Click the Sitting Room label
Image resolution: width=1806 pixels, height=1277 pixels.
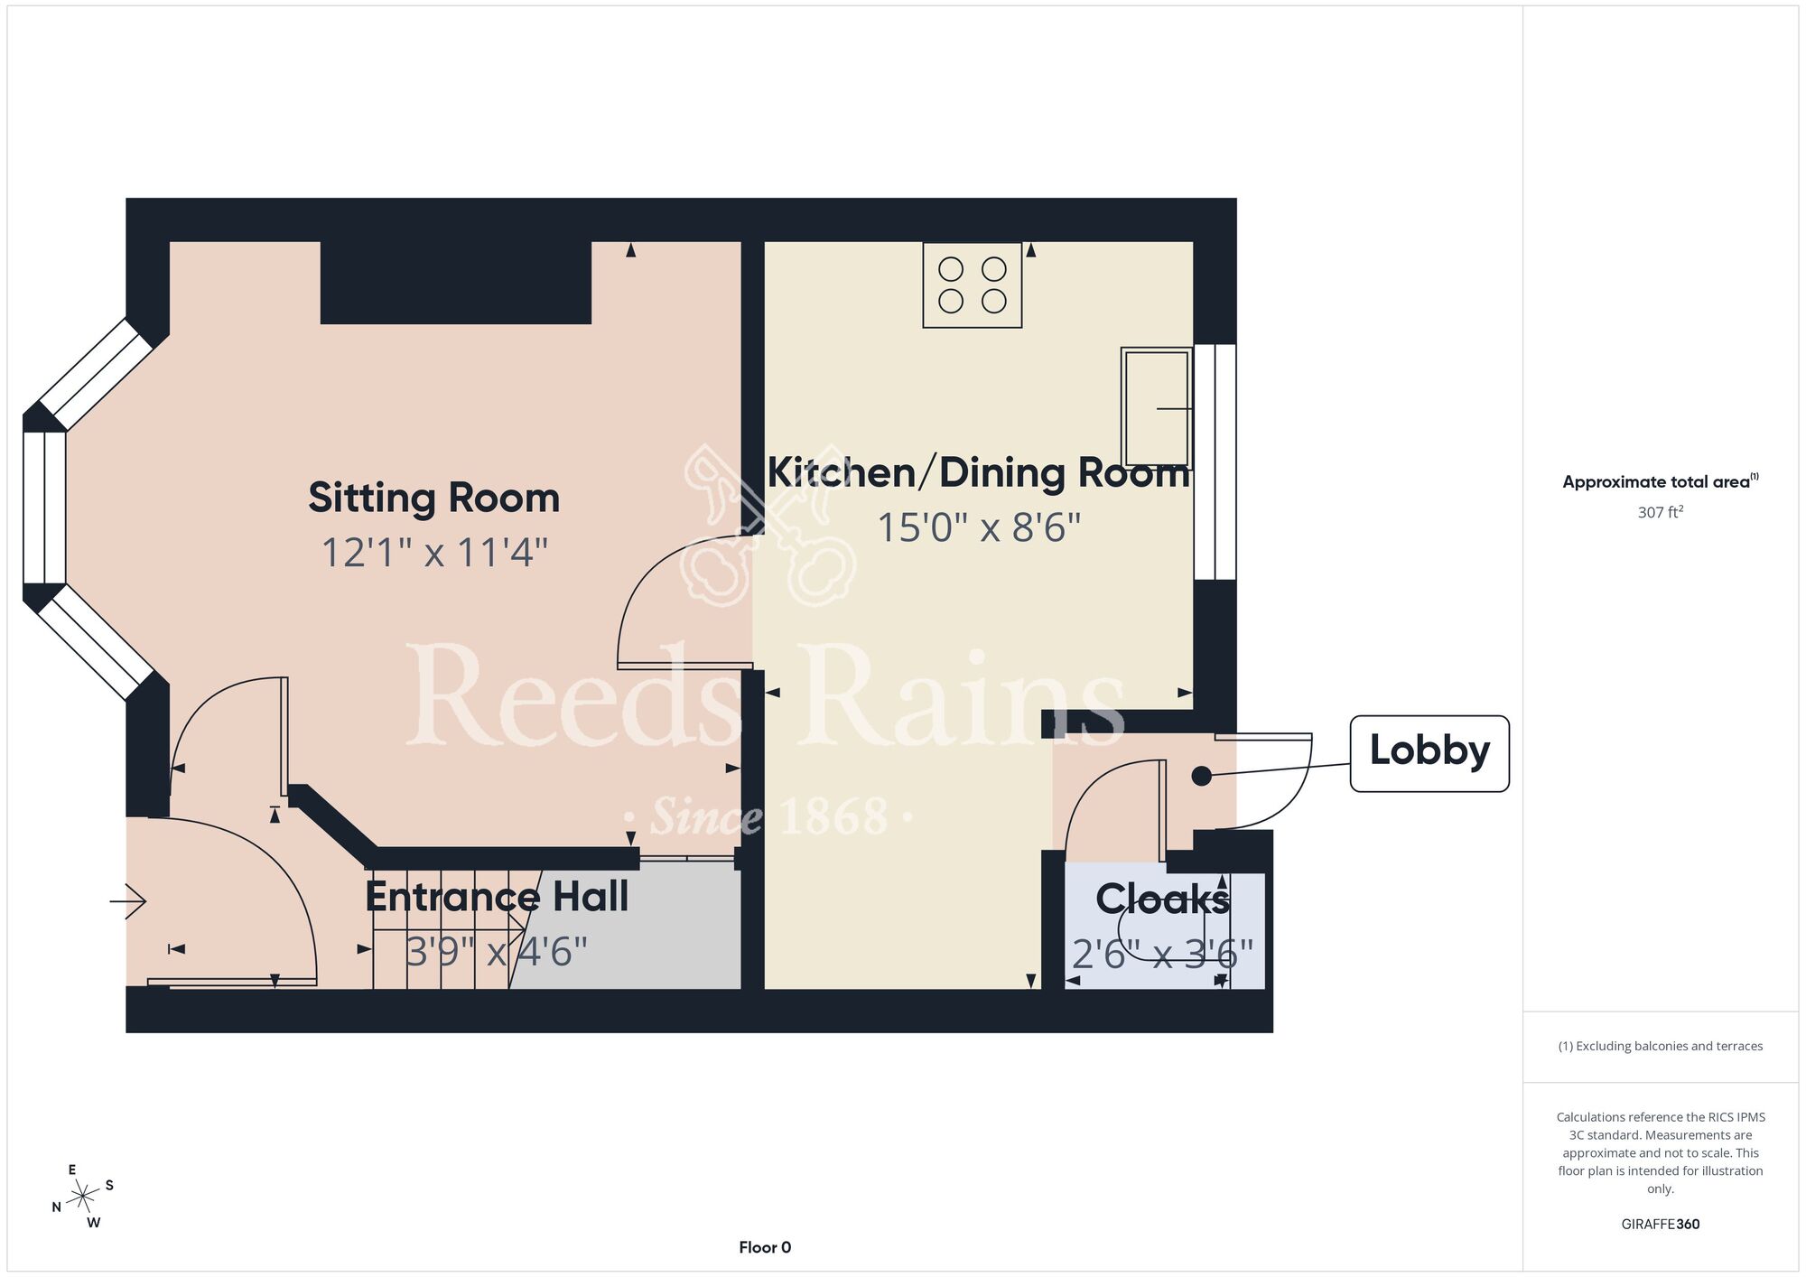pyautogui.click(x=433, y=498)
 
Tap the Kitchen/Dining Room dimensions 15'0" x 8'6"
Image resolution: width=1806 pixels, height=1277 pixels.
pyautogui.click(x=979, y=527)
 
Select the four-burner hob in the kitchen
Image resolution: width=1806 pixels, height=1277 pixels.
pyautogui.click(x=973, y=284)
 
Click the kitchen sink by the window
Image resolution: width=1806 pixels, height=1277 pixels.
pyautogui.click(x=1157, y=408)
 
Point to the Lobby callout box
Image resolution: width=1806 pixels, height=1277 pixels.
pyautogui.click(x=1429, y=753)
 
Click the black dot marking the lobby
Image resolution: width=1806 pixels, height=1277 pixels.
pyautogui.click(x=1201, y=776)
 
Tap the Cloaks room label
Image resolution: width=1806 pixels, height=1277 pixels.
pyautogui.click(x=1162, y=899)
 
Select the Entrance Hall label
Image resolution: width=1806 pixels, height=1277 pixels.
pyautogui.click(x=497, y=897)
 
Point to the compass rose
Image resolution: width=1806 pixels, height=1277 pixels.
pyautogui.click(x=83, y=1198)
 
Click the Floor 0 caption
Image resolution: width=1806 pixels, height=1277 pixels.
pyautogui.click(x=765, y=1247)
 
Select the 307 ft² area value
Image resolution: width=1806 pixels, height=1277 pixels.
pyautogui.click(x=1661, y=512)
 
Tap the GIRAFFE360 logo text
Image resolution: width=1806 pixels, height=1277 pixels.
pyautogui.click(x=1661, y=1225)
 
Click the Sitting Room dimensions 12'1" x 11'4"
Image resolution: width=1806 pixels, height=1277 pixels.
pyautogui.click(x=434, y=553)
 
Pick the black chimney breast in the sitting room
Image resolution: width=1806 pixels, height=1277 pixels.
pyautogui.click(x=456, y=283)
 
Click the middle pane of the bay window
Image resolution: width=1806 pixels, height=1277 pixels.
pyautogui.click(x=44, y=508)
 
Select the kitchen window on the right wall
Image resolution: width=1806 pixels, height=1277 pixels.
pyautogui.click(x=1215, y=461)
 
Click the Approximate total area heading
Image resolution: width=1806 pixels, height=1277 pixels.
pyautogui.click(x=1661, y=481)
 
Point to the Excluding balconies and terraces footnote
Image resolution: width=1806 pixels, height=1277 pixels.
pyautogui.click(x=1661, y=1046)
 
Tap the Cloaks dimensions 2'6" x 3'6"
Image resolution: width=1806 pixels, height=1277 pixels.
pyautogui.click(x=1162, y=954)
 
